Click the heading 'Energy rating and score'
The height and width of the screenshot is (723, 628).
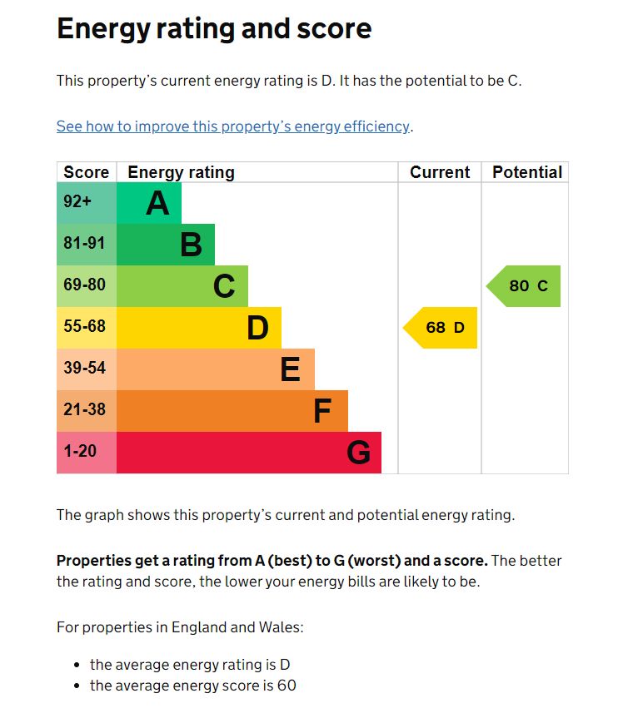coord(214,29)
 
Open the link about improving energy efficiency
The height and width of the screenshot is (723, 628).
coord(233,126)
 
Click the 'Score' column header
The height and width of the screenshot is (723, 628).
coord(87,172)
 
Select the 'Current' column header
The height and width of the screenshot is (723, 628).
coord(440,172)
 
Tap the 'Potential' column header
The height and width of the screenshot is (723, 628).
coord(527,172)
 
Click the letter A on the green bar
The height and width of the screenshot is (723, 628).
coord(157,203)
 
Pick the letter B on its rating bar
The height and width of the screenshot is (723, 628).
coord(191,245)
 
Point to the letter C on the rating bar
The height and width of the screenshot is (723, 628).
coord(224,286)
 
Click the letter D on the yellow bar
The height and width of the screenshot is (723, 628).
coord(257,328)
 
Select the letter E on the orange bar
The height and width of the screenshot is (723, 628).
coord(290,369)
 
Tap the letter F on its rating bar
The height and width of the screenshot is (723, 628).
coord(322,411)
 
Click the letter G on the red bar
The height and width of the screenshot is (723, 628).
coord(358,453)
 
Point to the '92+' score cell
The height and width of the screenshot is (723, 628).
coord(77,202)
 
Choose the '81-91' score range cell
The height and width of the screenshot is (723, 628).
coord(85,244)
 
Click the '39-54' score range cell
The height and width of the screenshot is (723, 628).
coord(85,368)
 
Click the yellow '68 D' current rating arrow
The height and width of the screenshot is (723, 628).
coord(442,328)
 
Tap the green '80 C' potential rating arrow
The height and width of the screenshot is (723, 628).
coord(526,286)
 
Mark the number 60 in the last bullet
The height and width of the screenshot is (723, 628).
coord(287,686)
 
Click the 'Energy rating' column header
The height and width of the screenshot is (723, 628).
coord(181,172)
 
